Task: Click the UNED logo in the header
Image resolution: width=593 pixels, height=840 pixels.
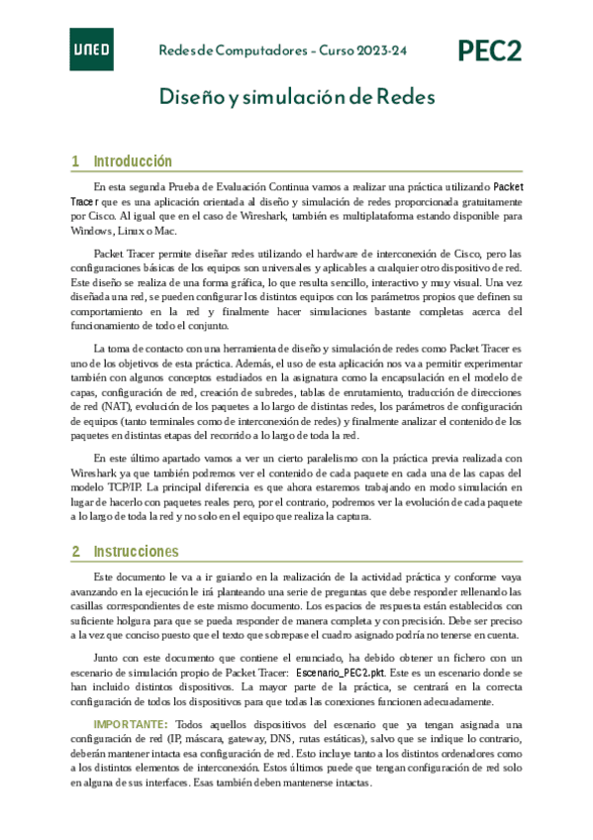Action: (x=90, y=50)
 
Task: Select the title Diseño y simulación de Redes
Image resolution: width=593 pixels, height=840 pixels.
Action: (x=297, y=97)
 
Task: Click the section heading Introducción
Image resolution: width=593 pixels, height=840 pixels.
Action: (x=133, y=161)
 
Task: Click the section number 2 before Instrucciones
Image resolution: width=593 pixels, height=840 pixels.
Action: (x=75, y=551)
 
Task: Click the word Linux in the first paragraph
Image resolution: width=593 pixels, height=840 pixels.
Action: (x=140, y=230)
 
